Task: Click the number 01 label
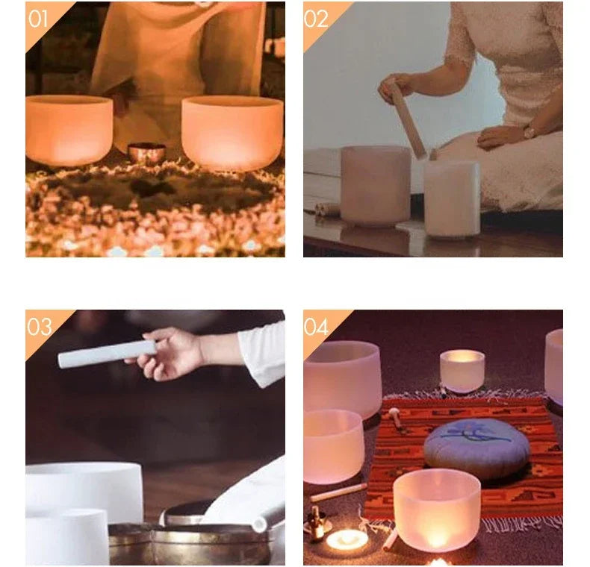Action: tap(37, 19)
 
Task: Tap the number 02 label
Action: tap(316, 19)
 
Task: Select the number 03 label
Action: tap(39, 327)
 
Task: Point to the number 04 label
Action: tap(316, 327)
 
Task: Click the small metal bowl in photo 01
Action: tap(146, 153)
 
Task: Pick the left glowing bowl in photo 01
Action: tap(69, 130)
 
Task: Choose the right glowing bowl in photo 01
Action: tap(232, 133)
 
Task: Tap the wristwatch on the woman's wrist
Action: tap(530, 132)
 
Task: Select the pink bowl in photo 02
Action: tap(376, 186)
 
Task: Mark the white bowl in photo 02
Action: tap(452, 199)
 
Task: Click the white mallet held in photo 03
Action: tap(108, 354)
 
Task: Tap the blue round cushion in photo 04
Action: tap(476, 448)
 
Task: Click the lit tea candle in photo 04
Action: tap(347, 539)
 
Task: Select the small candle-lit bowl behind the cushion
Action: tap(462, 370)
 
